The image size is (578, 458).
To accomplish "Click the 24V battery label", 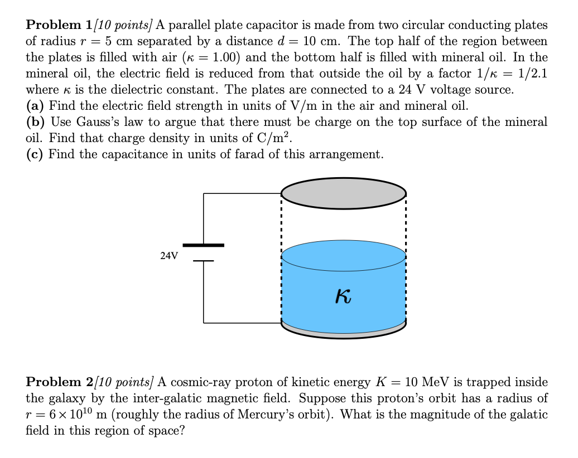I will click(x=168, y=256).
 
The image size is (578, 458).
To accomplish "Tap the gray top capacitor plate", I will click(x=344, y=193).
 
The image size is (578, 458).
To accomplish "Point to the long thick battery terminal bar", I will click(x=204, y=245).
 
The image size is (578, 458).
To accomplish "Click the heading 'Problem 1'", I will click(x=61, y=26).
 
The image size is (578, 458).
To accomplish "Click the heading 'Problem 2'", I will click(x=61, y=382).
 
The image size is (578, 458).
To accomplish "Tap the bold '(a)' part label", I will click(x=35, y=106).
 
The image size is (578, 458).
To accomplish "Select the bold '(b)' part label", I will click(x=36, y=122).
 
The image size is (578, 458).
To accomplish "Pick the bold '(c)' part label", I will click(x=35, y=154).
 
